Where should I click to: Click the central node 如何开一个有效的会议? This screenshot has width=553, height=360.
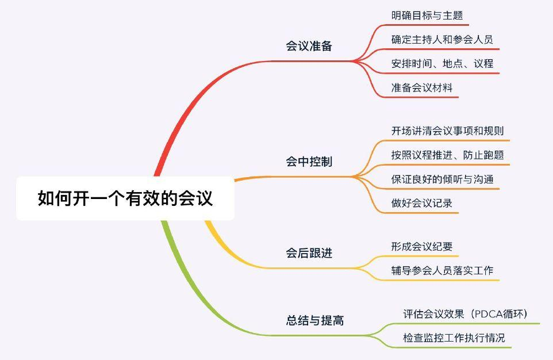[125, 198]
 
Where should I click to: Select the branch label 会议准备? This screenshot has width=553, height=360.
[309, 47]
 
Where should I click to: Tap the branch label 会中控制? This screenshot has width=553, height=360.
[309, 162]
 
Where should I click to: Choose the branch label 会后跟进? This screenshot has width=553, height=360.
[309, 253]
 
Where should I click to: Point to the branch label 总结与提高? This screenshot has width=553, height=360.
[315, 320]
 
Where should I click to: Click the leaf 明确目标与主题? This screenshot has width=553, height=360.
[427, 16]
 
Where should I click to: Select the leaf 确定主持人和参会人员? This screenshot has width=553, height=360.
[442, 40]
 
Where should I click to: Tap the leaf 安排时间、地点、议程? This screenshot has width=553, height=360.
[442, 64]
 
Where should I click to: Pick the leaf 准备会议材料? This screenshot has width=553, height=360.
[422, 88]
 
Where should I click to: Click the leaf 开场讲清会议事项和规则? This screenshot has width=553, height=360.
[447, 131]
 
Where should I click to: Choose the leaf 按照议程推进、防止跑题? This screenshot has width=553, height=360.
[447, 155]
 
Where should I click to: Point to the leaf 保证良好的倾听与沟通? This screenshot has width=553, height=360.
[442, 179]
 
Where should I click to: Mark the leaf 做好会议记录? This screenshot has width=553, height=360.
[422, 204]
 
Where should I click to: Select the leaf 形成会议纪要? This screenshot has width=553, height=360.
[422, 247]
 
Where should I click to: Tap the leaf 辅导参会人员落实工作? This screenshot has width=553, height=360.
[442, 271]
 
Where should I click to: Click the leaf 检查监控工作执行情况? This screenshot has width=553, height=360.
[454, 338]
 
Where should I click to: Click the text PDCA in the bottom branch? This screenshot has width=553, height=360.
[490, 314]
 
